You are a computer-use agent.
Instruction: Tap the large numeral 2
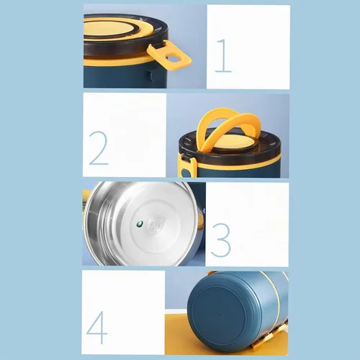pos(99,148)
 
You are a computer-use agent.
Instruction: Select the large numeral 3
pos(220,240)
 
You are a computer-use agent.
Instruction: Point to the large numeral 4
pos(96,328)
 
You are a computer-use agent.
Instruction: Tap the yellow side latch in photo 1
pos(169,57)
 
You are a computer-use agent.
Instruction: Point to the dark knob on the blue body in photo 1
pos(150,75)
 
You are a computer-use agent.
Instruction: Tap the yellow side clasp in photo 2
pos(187,166)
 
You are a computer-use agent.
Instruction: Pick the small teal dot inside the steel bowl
pos(140,224)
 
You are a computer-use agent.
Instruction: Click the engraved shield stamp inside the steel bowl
pos(156,224)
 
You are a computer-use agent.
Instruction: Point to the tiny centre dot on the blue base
pos(219,315)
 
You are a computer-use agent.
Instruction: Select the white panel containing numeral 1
pos(248,47)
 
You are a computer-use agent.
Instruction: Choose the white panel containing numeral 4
pos(123,312)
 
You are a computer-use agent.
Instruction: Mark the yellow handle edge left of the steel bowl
pos(86,194)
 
